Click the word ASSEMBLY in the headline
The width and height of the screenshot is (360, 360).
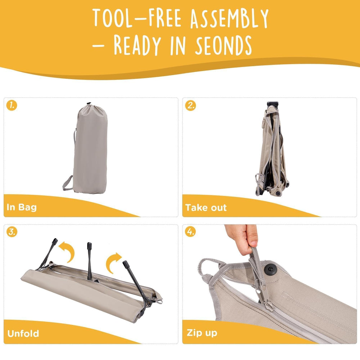point(229,18)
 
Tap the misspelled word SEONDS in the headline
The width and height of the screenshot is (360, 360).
point(223,45)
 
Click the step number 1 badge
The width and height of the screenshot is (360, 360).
point(12,105)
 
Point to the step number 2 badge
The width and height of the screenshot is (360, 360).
point(190,105)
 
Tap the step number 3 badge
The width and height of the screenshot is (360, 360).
point(12,231)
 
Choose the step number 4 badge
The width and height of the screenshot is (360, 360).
point(190,231)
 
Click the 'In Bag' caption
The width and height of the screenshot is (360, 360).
point(22,207)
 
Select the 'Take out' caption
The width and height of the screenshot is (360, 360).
point(206,208)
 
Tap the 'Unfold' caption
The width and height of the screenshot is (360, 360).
point(23,333)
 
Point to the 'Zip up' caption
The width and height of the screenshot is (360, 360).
point(202,333)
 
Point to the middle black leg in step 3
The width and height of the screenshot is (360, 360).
point(90,261)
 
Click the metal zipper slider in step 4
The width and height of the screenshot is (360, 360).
point(264,298)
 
